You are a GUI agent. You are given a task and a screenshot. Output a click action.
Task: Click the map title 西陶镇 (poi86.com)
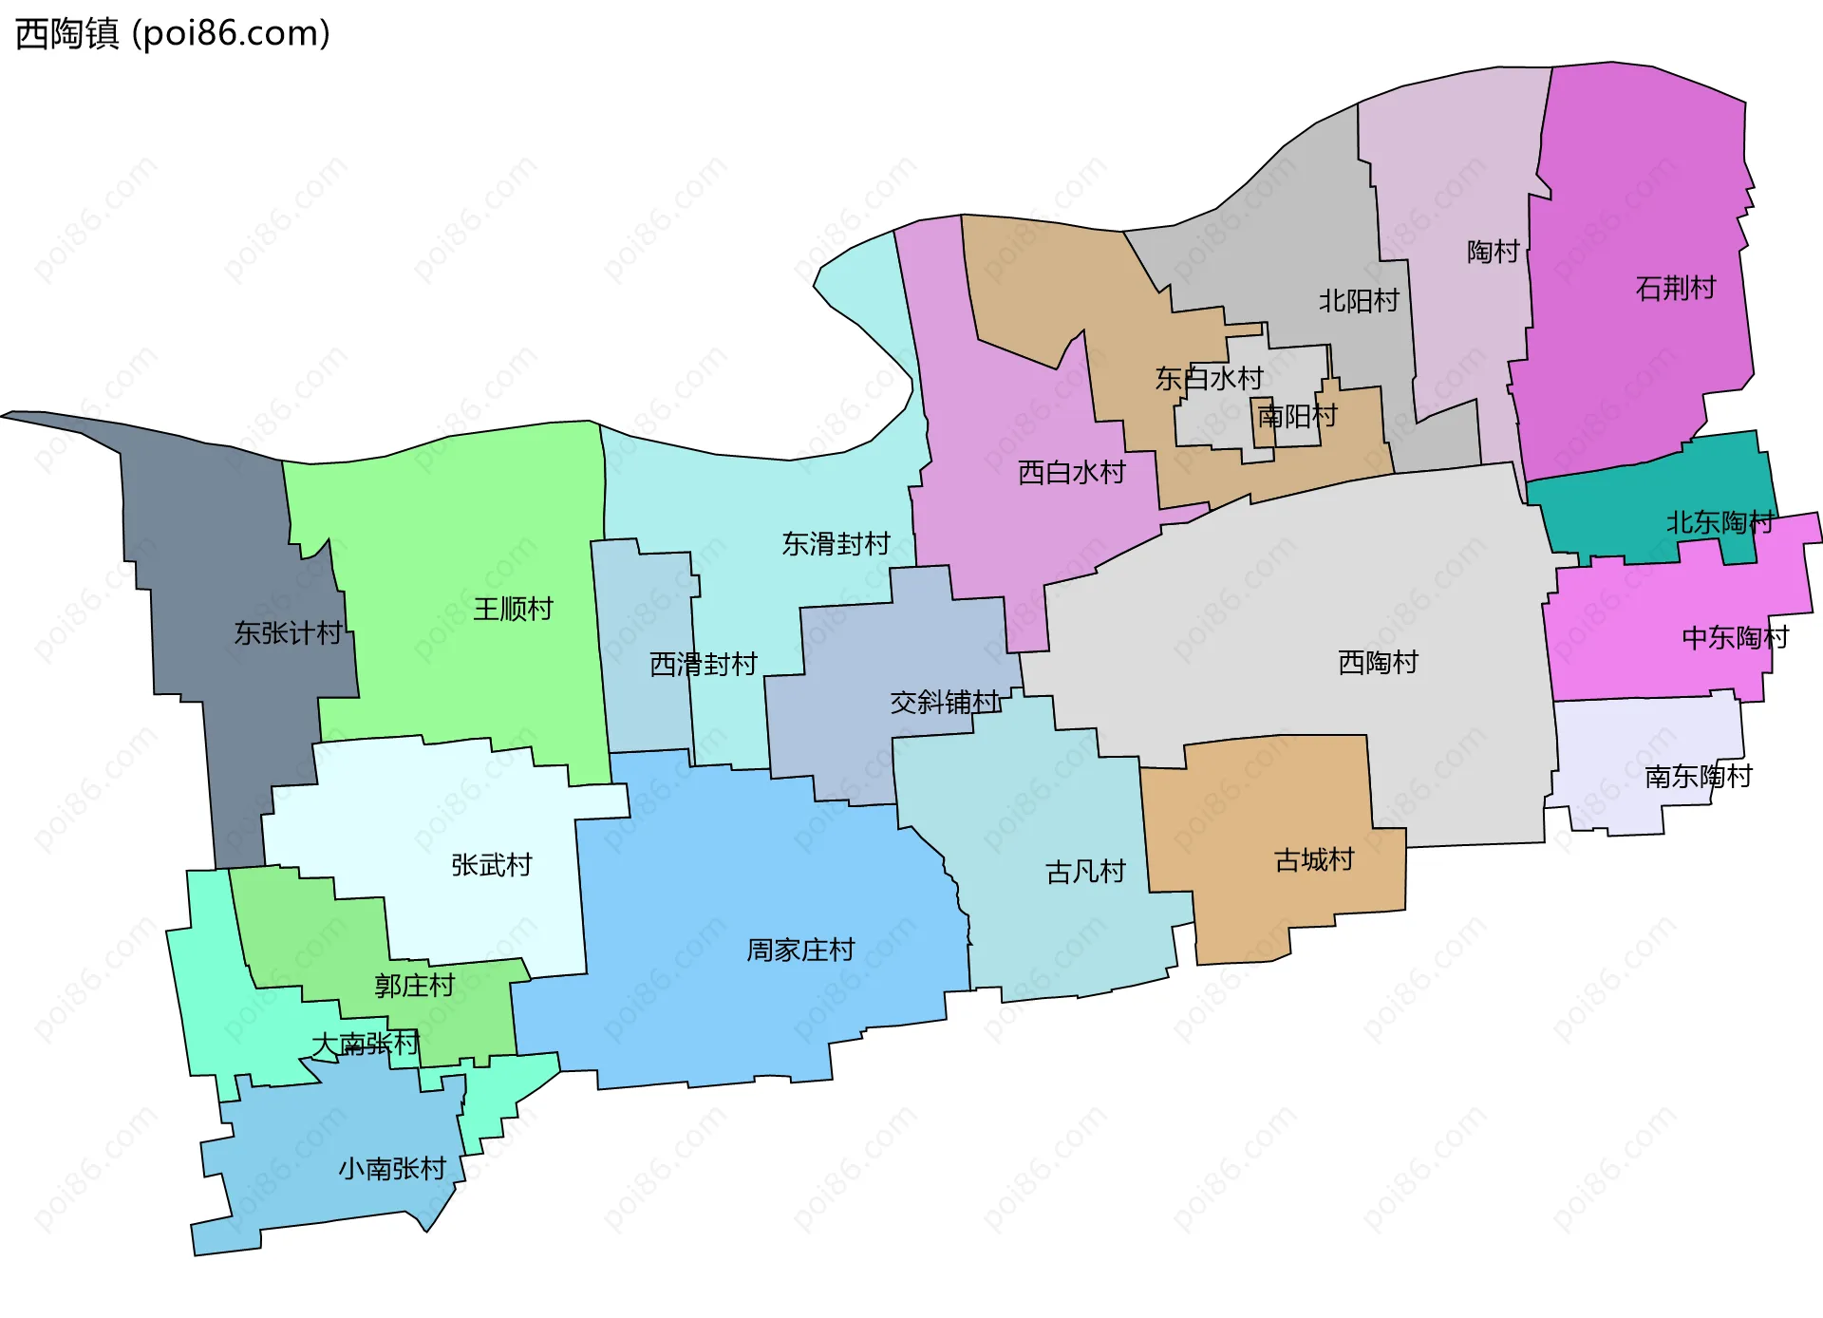173,34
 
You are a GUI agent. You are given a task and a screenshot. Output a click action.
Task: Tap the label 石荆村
1676,288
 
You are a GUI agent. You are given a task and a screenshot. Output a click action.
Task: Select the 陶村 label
1494,252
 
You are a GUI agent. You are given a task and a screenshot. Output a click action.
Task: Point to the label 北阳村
1359,301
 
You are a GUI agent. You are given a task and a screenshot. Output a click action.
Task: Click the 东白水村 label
1209,379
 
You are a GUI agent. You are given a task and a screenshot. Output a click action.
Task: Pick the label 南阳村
1297,416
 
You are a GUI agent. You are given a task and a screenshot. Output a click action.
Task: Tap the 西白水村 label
1072,472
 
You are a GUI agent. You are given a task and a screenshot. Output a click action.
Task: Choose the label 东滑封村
836,543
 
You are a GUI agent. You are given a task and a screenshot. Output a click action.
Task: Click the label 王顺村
513,609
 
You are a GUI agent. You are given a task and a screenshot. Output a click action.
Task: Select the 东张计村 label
289,632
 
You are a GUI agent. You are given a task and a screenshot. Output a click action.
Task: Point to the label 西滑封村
704,664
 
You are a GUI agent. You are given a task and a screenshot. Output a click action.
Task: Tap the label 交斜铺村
945,702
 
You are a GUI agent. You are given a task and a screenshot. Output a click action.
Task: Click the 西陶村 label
1378,662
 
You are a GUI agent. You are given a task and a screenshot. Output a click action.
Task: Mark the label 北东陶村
1720,522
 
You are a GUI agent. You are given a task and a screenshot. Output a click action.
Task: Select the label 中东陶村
1735,637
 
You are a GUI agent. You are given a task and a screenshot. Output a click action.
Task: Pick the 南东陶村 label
1698,777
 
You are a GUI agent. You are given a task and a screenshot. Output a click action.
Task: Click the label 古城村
1314,860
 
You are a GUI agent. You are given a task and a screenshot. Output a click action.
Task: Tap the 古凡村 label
1085,872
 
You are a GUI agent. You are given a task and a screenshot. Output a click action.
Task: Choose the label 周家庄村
800,950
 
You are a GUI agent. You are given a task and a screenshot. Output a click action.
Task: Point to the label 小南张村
392,1168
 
